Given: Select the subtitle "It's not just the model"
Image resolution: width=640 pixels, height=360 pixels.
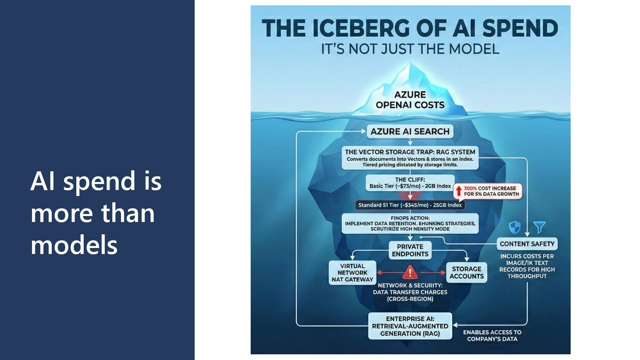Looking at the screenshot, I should [x=410, y=49].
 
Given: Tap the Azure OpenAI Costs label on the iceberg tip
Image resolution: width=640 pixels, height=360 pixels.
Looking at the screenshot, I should [x=410, y=100].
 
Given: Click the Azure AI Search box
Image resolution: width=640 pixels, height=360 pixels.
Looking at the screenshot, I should [x=410, y=131].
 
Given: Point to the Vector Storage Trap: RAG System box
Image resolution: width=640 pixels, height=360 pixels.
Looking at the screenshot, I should [x=410, y=158].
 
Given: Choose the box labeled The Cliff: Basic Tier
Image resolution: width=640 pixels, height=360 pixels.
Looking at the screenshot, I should [x=410, y=183].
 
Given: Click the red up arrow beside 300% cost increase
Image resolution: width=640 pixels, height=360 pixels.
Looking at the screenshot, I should [x=459, y=191].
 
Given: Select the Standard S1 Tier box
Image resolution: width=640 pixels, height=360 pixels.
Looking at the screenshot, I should [x=410, y=205].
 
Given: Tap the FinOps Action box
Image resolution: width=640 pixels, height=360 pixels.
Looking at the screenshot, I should [x=410, y=223].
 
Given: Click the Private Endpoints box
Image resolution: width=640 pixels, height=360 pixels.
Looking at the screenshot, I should [x=410, y=250].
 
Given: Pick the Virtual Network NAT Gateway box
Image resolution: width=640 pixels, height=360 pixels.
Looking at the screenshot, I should [x=352, y=273].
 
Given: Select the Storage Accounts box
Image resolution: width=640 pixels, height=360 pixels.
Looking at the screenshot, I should [x=466, y=272].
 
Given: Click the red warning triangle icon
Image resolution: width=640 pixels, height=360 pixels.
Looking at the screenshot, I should [x=410, y=272].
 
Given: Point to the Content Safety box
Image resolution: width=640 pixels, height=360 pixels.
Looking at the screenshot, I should [x=527, y=244].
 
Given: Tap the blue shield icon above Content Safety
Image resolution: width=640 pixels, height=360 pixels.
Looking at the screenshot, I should [x=515, y=228].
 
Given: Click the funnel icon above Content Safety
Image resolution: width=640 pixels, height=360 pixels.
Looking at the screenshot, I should [x=539, y=227].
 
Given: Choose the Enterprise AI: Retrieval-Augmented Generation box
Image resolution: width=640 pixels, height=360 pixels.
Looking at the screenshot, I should [x=410, y=326].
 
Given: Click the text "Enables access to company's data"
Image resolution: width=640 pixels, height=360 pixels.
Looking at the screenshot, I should [x=492, y=336].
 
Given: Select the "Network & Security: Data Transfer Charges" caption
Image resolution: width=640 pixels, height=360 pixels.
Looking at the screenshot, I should [x=410, y=292].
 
